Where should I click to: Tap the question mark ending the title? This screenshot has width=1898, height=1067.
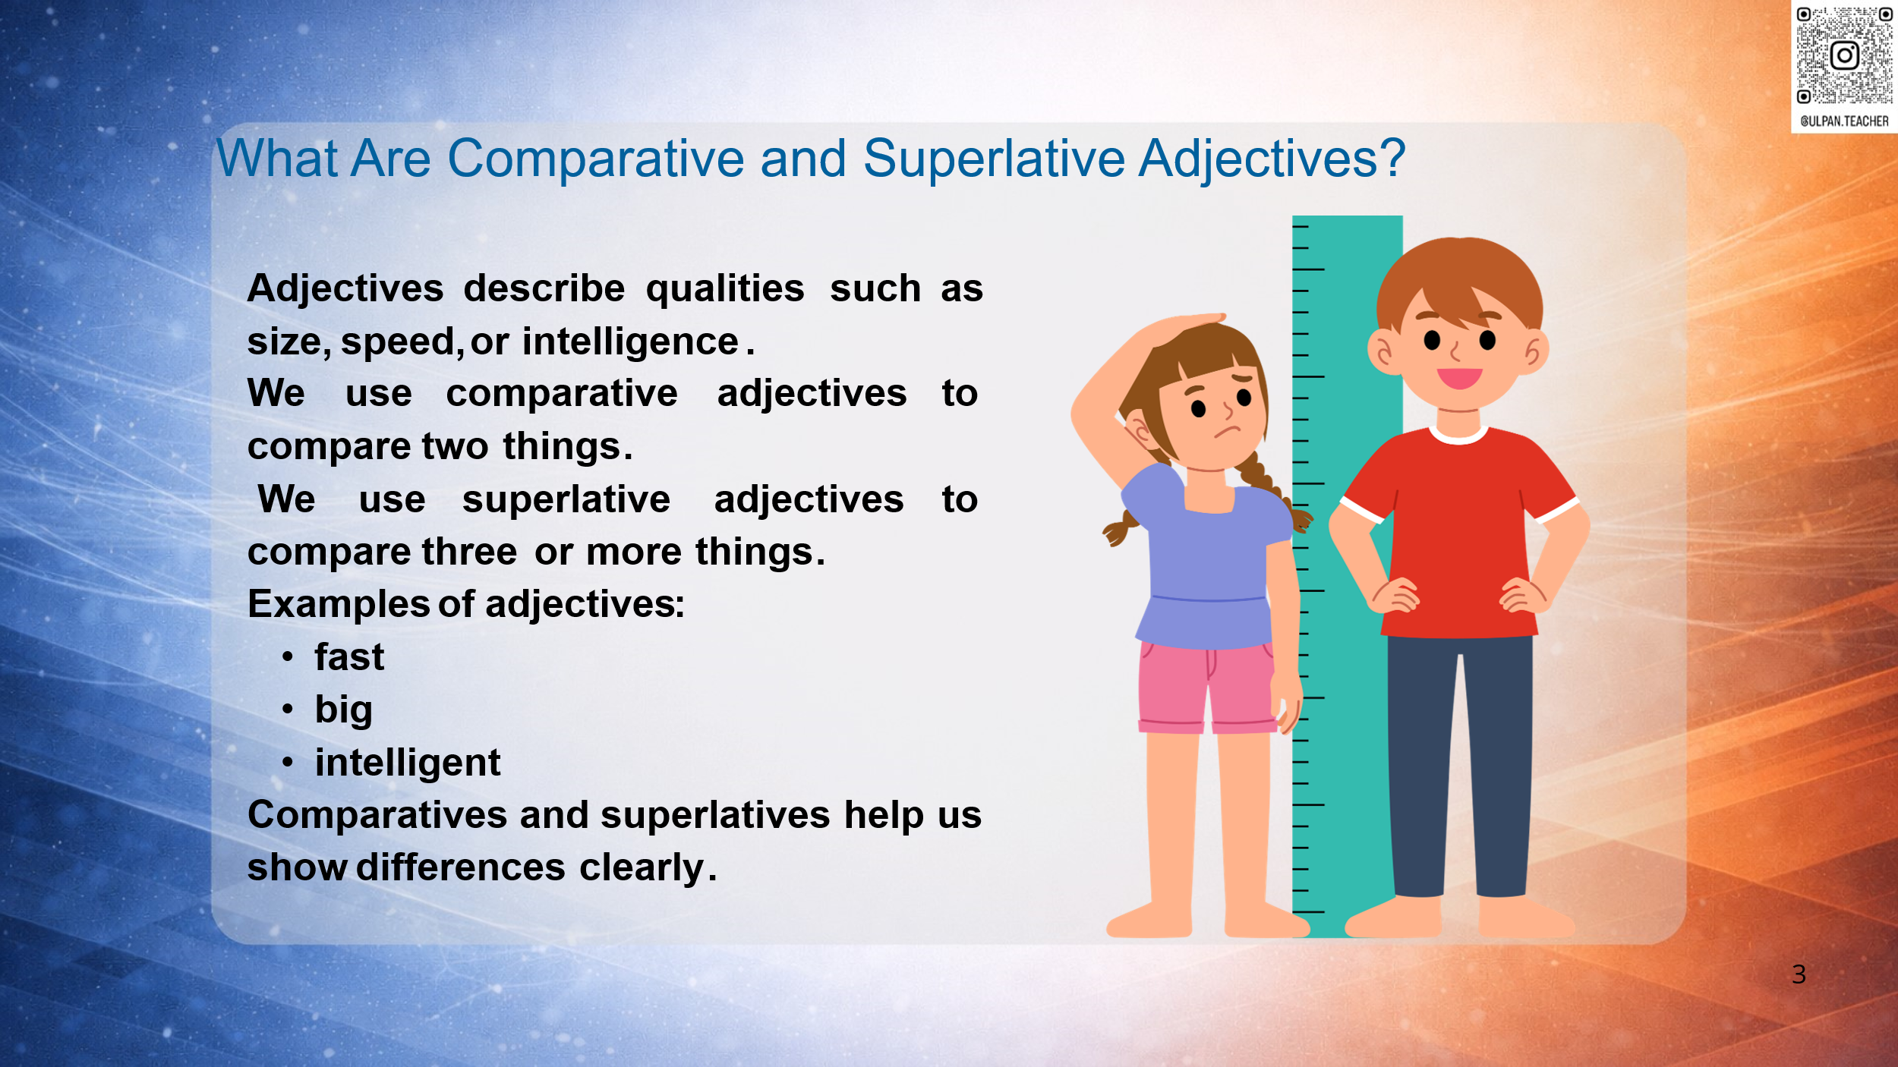click(x=1392, y=157)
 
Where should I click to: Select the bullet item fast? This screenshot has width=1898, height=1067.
click(x=349, y=656)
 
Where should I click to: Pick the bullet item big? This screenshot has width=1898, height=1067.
click(x=344, y=710)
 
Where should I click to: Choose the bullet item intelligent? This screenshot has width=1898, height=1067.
click(x=408, y=763)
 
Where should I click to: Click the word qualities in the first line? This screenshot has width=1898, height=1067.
click(x=725, y=289)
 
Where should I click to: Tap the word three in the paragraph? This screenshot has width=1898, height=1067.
click(x=469, y=552)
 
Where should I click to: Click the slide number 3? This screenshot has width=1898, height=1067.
click(x=1799, y=974)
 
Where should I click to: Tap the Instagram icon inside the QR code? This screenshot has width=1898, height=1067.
click(x=1844, y=55)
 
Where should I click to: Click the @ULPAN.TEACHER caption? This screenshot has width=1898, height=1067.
click(x=1844, y=121)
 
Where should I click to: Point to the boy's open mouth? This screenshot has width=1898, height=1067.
click(x=1459, y=377)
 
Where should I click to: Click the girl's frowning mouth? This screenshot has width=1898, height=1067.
click(x=1227, y=433)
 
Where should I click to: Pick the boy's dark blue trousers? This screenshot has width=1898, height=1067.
click(x=1459, y=766)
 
